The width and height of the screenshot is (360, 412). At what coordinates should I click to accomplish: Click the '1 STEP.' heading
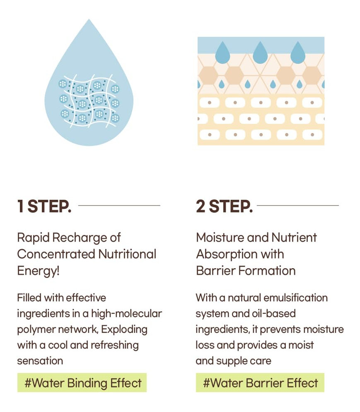[x=44, y=206]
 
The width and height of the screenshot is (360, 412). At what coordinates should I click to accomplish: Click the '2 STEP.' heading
[x=224, y=206]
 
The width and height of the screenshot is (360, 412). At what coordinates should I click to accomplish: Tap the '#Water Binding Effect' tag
[x=82, y=383]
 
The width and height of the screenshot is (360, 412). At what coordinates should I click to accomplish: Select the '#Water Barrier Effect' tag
[x=260, y=383]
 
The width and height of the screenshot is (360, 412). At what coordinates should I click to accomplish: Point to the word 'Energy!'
[x=39, y=271]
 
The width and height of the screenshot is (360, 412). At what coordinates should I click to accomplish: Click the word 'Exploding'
[x=124, y=330]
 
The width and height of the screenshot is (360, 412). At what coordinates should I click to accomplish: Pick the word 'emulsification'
[x=295, y=298]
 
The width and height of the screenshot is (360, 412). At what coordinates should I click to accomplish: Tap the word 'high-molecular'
[x=126, y=314]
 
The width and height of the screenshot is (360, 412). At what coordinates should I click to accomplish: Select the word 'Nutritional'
[x=127, y=254]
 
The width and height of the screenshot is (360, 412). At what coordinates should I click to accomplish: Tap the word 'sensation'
[x=40, y=361]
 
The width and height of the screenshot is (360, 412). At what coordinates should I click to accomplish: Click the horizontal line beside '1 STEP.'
[x=119, y=206]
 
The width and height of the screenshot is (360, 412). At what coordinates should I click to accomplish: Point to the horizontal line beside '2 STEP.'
[x=298, y=206]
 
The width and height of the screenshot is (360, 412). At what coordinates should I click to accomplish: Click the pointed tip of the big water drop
[x=89, y=19]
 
